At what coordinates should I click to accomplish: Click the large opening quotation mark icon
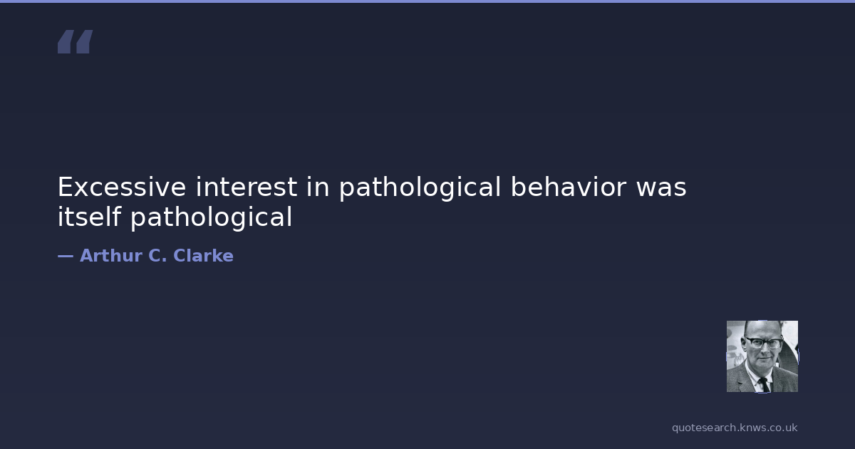click(x=76, y=41)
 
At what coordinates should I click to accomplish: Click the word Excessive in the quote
click(x=122, y=187)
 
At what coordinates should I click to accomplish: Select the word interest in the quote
click(x=247, y=187)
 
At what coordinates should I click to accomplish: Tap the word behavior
click(x=569, y=187)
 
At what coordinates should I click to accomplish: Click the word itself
click(x=89, y=217)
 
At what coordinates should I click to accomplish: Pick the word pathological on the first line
click(x=420, y=188)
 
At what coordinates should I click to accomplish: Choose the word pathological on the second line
click(x=212, y=217)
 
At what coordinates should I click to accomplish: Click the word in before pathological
click(x=318, y=187)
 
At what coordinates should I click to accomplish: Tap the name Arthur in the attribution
click(x=111, y=255)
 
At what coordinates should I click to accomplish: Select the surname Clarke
click(x=203, y=255)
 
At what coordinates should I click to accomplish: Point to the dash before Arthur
click(x=66, y=257)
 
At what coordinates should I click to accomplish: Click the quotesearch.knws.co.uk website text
click(x=735, y=428)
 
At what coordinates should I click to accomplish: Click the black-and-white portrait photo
click(x=762, y=356)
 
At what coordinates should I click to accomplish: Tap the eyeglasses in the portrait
click(x=763, y=342)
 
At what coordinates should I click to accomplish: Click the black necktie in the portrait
click(x=764, y=384)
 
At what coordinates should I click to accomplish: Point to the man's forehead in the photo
click(x=762, y=329)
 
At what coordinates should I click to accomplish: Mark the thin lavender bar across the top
click(x=427, y=1)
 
